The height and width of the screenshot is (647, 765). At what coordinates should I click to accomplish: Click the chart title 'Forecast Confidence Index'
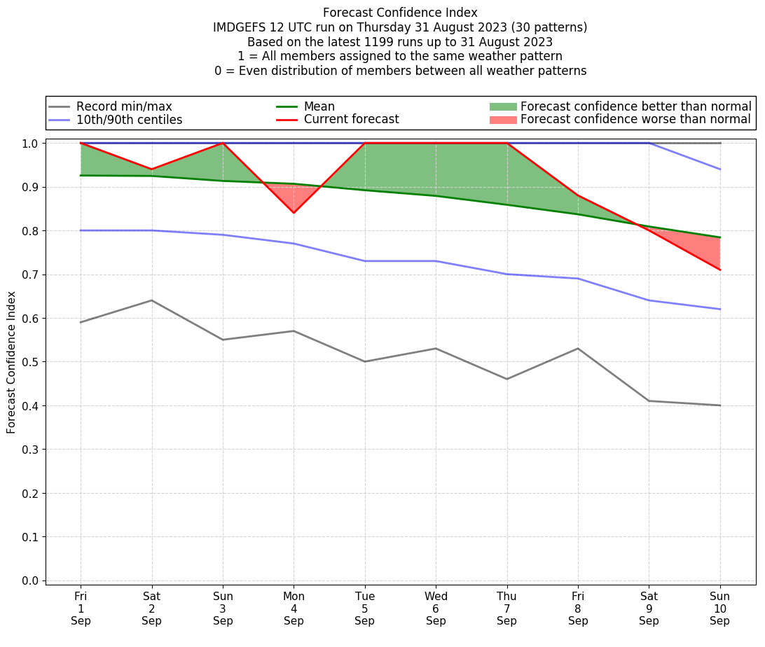point(400,13)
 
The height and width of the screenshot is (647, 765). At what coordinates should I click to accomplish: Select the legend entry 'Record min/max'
point(124,106)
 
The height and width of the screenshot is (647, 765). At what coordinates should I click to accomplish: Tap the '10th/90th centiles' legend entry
point(129,120)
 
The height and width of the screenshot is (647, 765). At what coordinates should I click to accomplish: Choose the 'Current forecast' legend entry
point(351,120)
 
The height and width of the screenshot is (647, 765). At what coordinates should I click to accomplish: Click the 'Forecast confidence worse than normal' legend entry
point(635,120)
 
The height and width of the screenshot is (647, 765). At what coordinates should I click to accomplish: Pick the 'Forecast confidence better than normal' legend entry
point(635,106)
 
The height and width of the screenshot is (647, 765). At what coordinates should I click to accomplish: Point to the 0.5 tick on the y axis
point(32,362)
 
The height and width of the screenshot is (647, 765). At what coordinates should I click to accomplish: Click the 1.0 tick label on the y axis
point(32,144)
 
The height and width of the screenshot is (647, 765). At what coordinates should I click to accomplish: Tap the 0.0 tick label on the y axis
point(32,580)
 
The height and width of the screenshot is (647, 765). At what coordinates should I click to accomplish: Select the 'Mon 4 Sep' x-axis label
point(294,608)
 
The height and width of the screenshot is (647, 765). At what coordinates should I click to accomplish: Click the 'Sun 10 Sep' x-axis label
point(719,608)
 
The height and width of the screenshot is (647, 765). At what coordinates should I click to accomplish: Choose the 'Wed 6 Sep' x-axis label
point(436,608)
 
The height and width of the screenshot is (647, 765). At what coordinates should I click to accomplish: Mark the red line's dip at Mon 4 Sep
point(294,212)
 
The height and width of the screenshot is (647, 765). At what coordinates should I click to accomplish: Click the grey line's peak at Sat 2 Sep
point(151,300)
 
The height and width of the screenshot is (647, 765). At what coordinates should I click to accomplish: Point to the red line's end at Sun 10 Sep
point(719,270)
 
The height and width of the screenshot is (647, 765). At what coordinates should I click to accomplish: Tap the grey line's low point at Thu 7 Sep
point(506,379)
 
